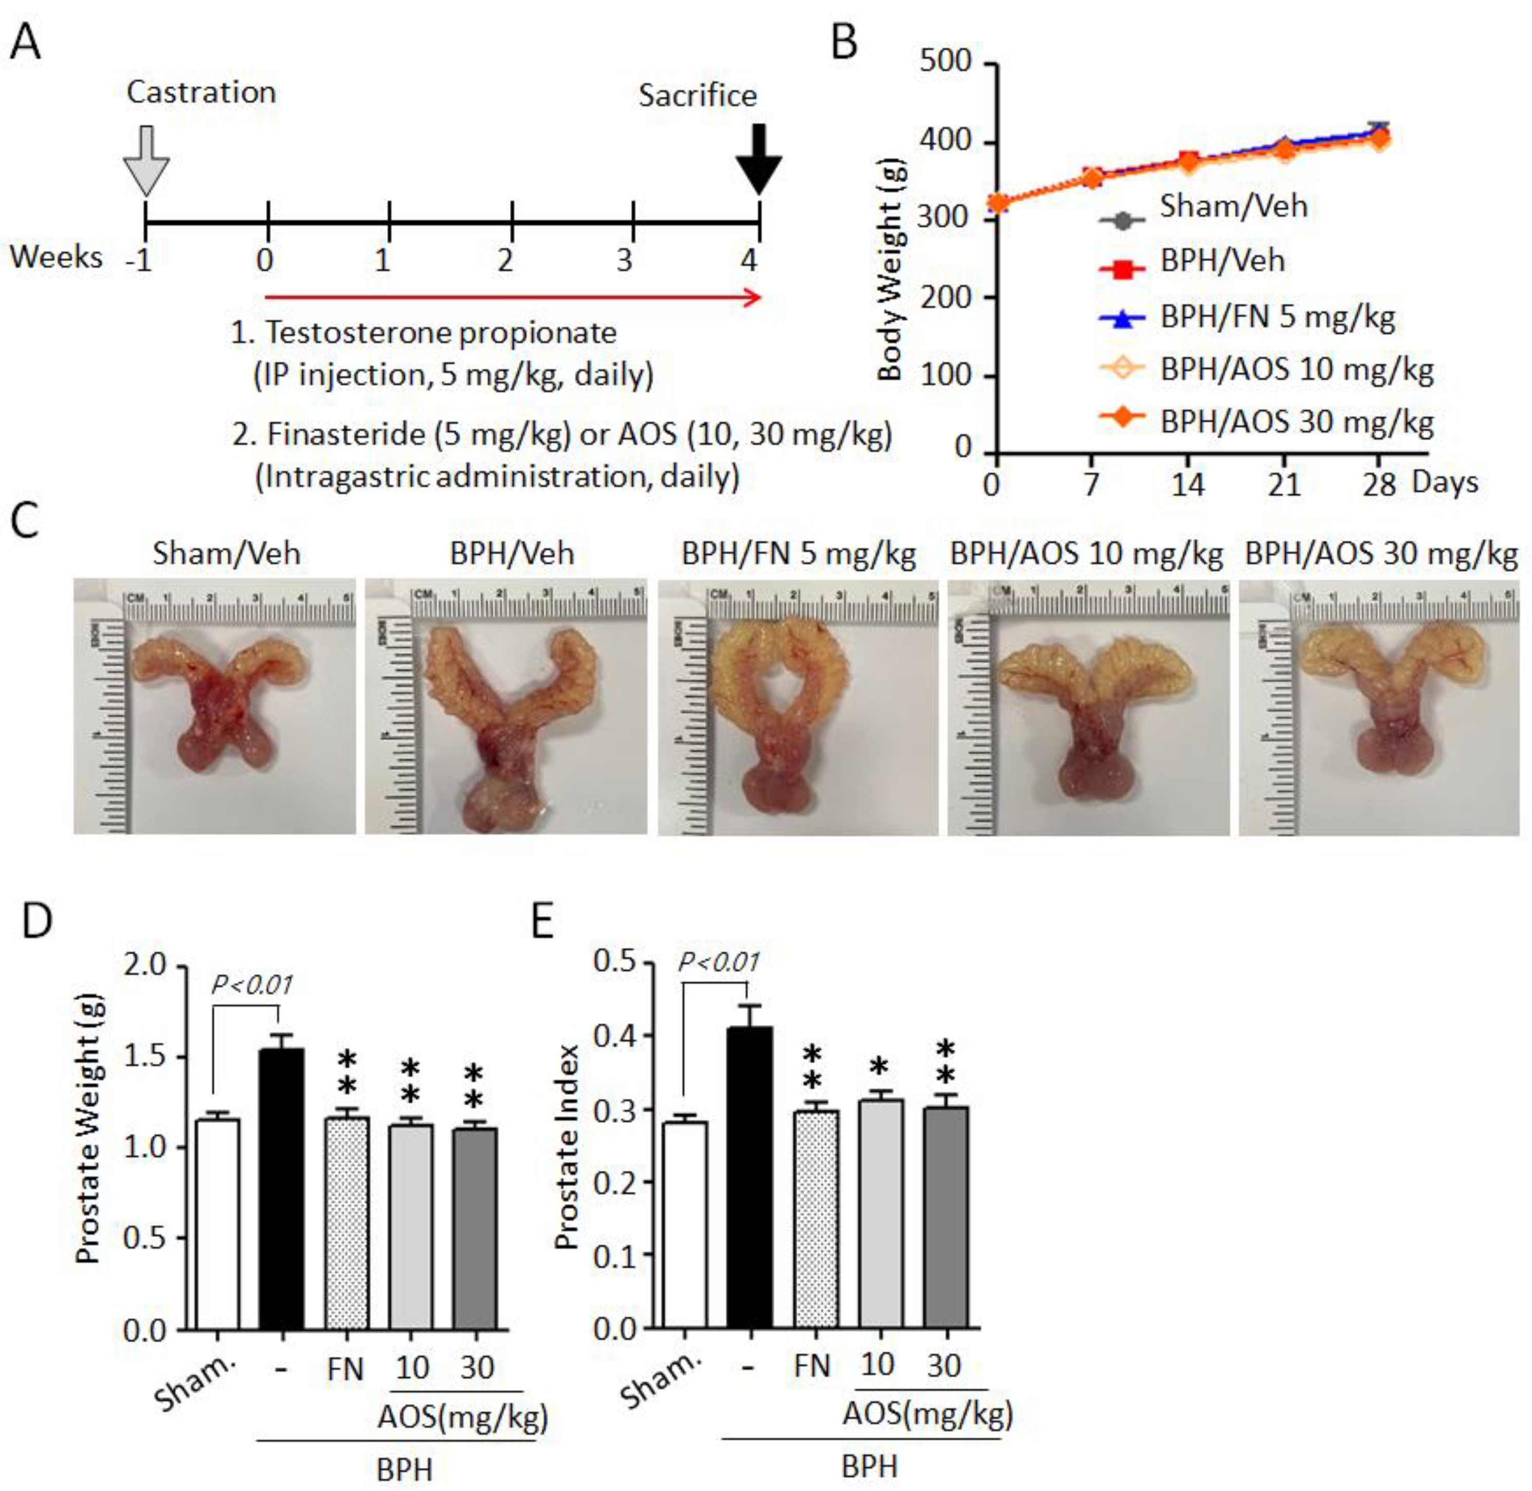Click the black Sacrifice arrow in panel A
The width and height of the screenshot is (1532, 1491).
coord(758,160)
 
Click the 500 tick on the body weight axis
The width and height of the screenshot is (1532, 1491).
coord(945,61)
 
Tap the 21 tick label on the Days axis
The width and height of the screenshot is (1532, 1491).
coord(1284,485)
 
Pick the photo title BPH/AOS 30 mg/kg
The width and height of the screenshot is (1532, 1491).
coord(1381,554)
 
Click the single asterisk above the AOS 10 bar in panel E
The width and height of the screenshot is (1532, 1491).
coord(880,1066)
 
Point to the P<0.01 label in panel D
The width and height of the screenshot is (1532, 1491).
coord(252,985)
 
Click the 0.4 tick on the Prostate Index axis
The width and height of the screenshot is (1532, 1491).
coord(614,1035)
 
